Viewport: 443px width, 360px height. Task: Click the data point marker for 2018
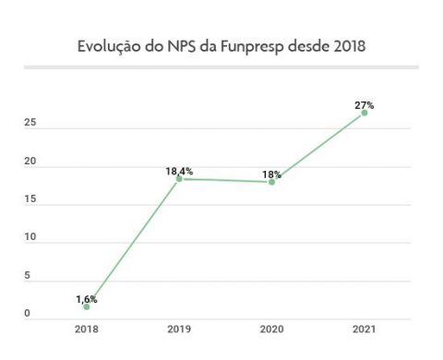coord(87,306)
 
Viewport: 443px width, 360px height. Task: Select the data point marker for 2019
coord(179,179)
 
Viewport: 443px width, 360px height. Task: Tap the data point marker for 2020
coord(271,182)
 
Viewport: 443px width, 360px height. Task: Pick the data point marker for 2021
coord(364,113)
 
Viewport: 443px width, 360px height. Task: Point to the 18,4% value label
coord(178,171)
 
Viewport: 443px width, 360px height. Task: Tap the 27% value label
coord(364,104)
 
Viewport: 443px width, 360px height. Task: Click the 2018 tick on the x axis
coord(87,329)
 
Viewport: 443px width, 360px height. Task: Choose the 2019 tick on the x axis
coord(179,329)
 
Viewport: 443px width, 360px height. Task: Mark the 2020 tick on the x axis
coord(271,329)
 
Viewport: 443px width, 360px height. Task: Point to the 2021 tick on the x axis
coord(364,329)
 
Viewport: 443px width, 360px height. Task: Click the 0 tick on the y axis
coord(27,315)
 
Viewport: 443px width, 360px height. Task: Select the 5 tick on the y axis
coord(27,276)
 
